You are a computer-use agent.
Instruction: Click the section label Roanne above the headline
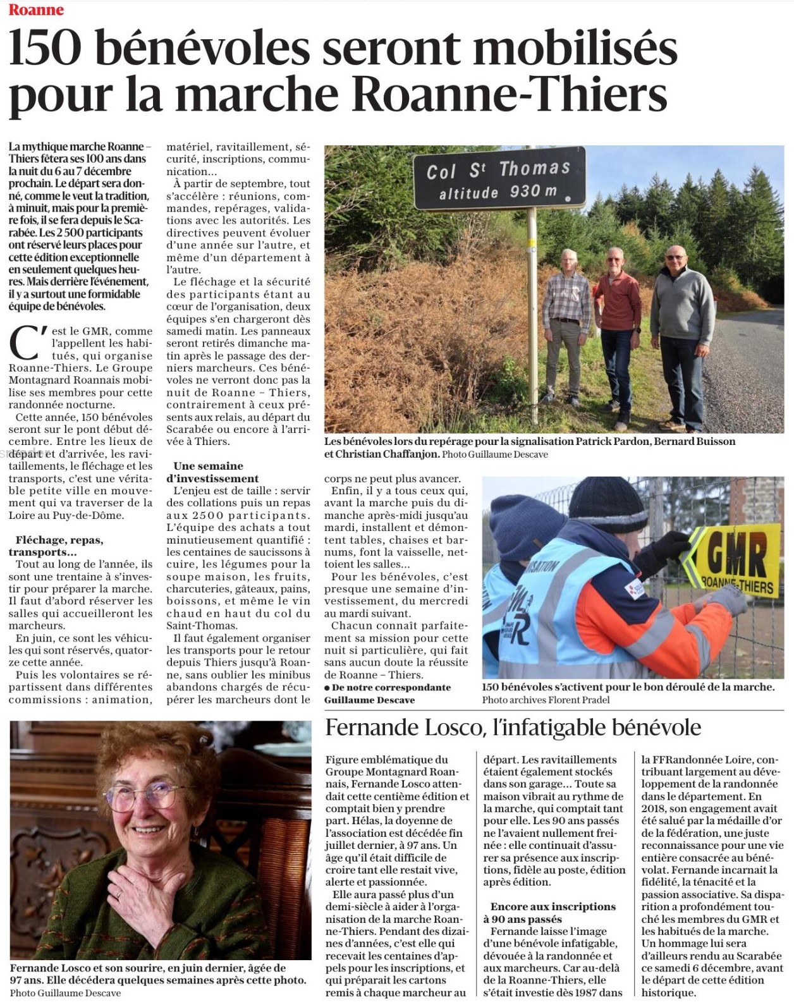36,9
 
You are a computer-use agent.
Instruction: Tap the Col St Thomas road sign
499,178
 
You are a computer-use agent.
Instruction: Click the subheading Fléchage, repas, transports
59,546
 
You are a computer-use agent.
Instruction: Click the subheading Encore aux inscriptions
553,906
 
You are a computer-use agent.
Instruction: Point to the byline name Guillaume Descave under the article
370,700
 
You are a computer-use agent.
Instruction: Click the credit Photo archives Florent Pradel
546,700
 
